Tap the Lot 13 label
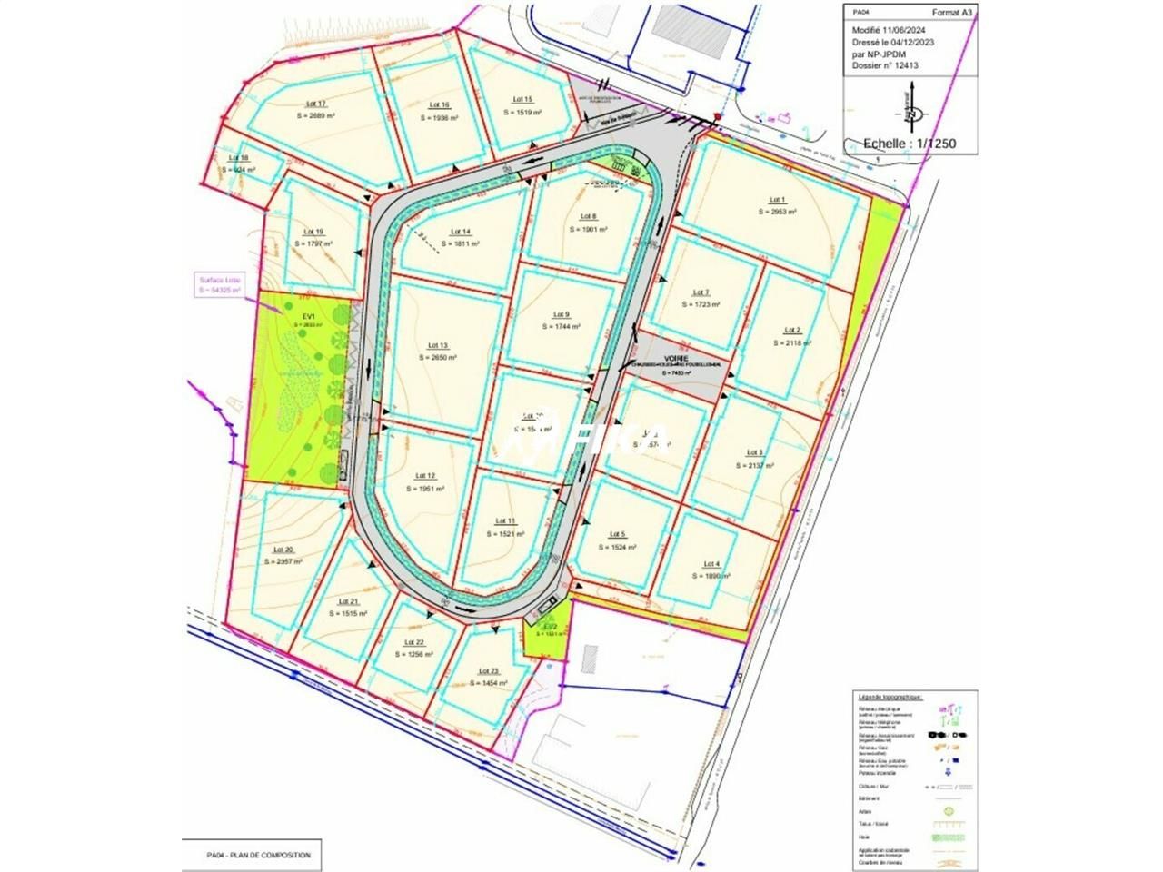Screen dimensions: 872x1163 (437, 345)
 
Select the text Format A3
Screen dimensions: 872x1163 (952, 13)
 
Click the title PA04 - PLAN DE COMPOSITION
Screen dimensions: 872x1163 (259, 855)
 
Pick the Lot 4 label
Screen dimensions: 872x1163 (711, 564)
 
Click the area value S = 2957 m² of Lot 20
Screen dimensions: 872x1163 (283, 561)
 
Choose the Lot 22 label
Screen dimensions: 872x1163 (413, 642)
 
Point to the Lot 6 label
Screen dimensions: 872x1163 (588, 216)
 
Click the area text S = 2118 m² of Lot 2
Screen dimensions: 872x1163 (792, 342)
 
